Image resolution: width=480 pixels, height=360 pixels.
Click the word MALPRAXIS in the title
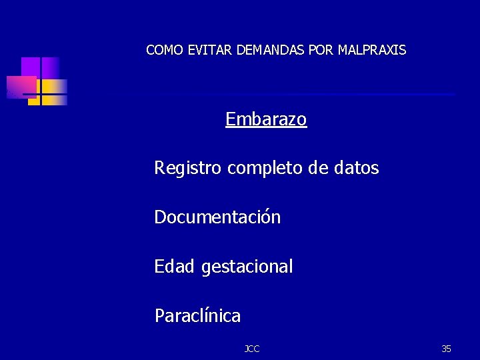point(372,50)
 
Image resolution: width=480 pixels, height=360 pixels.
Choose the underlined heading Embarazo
point(266,119)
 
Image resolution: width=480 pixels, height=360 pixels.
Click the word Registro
point(188,169)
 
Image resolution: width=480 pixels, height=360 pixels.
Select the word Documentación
point(217,217)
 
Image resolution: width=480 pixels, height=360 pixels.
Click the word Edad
point(175,267)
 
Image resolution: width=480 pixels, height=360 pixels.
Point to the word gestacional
point(247,267)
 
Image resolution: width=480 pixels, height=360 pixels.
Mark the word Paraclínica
point(197,315)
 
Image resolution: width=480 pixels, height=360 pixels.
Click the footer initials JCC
point(252,349)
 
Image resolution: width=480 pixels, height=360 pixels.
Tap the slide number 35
point(446,349)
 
